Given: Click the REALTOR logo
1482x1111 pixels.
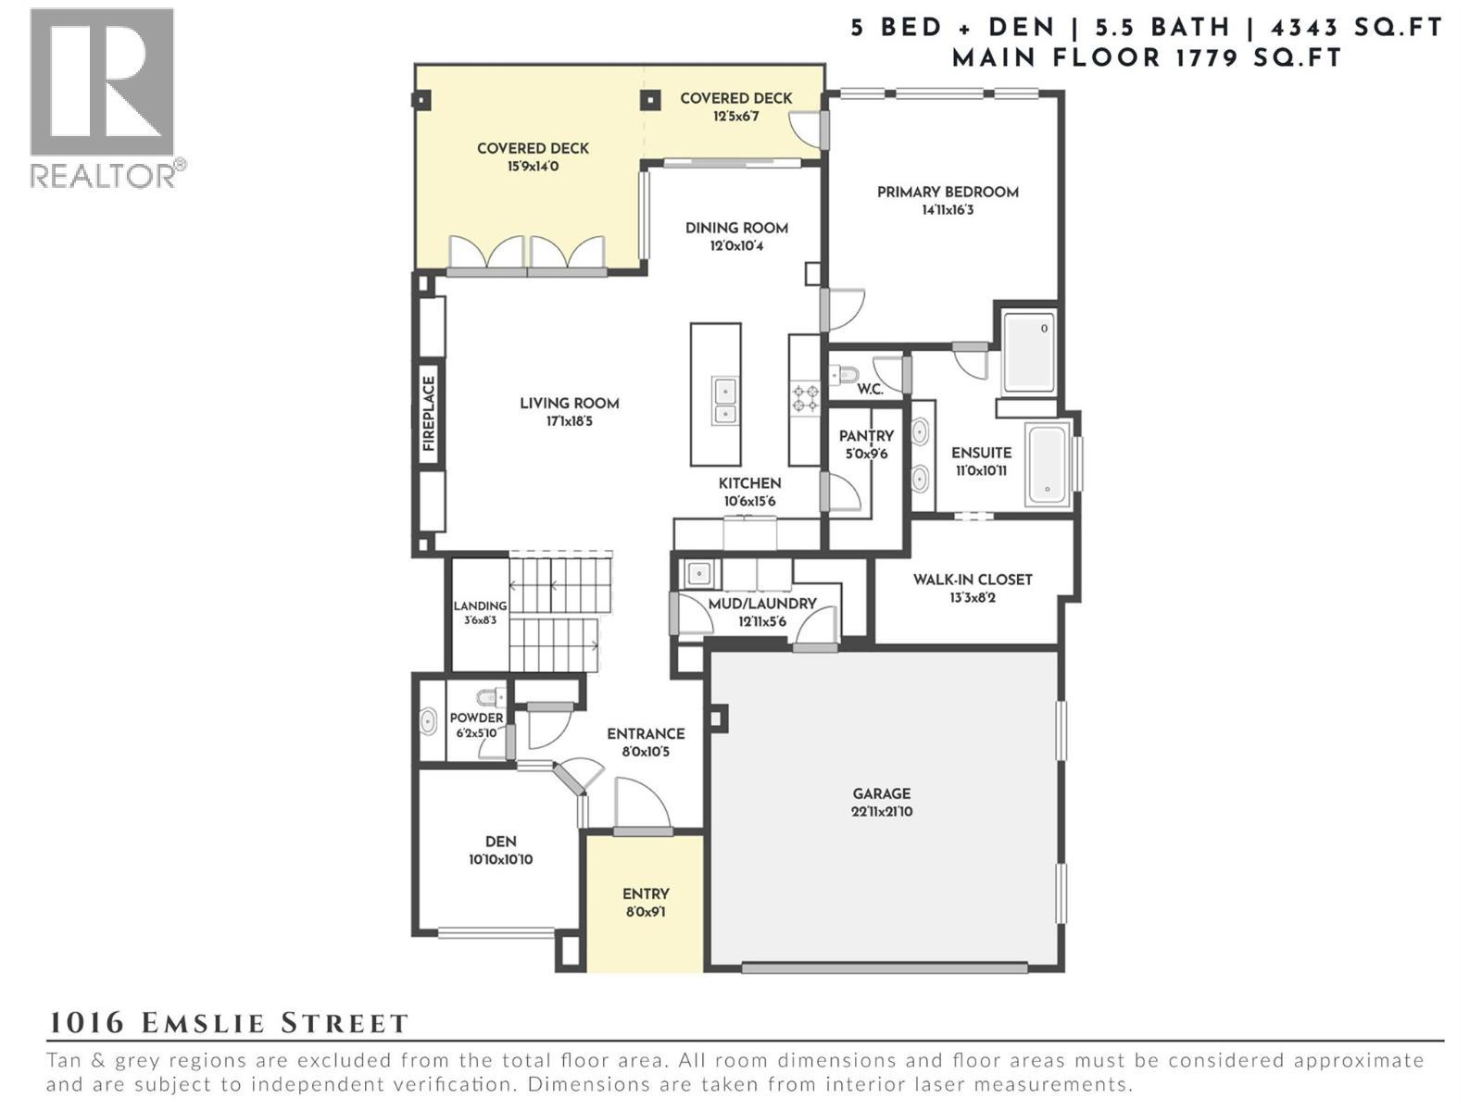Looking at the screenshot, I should [x=103, y=96].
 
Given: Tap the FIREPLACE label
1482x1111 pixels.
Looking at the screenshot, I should [x=429, y=414].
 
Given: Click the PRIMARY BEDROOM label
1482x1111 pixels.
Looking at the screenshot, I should [x=948, y=192].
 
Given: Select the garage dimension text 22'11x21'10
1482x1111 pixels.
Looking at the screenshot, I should [x=882, y=812].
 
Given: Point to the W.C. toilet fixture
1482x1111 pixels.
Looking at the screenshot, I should [x=846, y=375].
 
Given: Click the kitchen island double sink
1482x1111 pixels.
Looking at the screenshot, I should [x=724, y=402].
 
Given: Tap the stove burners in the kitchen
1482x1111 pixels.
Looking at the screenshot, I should [x=804, y=399].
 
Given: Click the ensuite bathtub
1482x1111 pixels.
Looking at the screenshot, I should [x=1047, y=464].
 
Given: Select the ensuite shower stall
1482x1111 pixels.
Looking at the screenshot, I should [x=1028, y=352].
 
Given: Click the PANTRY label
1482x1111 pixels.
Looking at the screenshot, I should [x=866, y=435].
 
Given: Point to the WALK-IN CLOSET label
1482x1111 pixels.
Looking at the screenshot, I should [x=973, y=580].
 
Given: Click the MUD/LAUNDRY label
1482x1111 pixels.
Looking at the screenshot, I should [x=762, y=604].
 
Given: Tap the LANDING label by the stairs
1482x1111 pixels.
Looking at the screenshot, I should [x=480, y=605].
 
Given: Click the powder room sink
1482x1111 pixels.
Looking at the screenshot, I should [x=429, y=720].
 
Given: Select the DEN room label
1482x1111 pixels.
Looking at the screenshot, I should [x=500, y=842].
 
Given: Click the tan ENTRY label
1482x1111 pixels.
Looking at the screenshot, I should [x=646, y=893].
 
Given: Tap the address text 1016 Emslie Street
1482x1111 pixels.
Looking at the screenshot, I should [x=229, y=1023].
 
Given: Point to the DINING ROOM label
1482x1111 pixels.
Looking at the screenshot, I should [x=736, y=228].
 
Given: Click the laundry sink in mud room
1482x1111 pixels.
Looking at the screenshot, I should [x=698, y=574].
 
